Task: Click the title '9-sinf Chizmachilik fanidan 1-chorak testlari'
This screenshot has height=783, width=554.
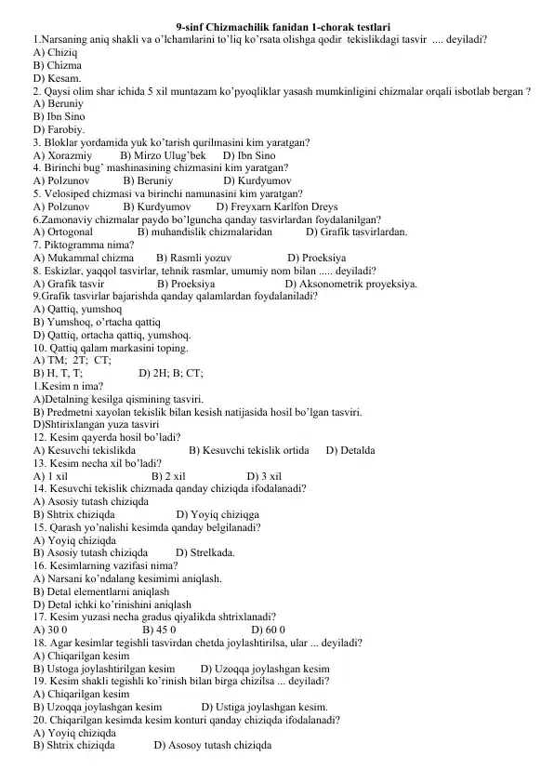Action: pyautogui.click(x=282, y=29)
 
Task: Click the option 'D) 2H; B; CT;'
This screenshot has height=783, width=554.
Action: pyautogui.click(x=171, y=373)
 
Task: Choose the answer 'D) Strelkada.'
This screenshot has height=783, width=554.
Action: pyautogui.click(x=204, y=551)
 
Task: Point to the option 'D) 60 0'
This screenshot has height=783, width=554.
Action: pyautogui.click(x=269, y=629)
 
